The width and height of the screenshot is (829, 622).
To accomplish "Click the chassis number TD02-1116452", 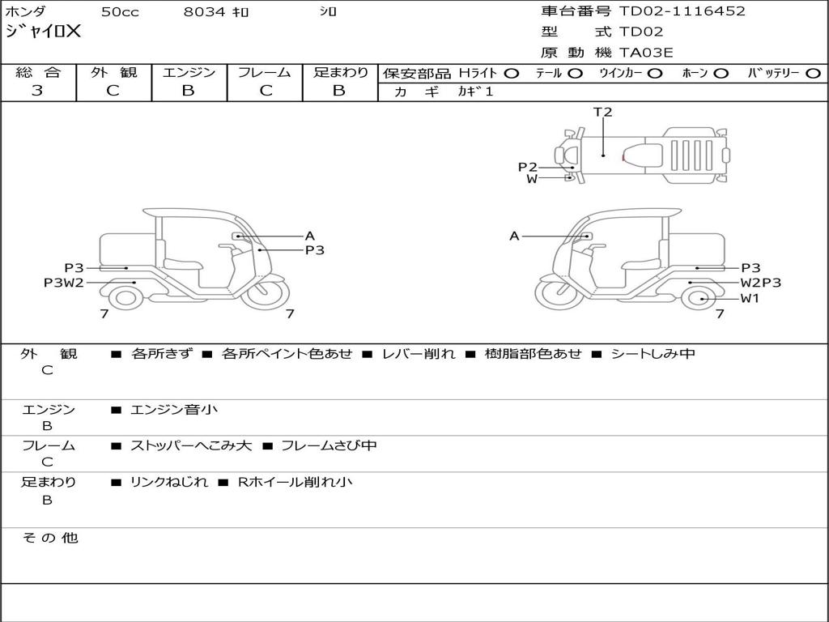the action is click(682, 11).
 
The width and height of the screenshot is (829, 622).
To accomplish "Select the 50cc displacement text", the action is click(119, 12).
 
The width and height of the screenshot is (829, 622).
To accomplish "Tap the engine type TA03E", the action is click(646, 53).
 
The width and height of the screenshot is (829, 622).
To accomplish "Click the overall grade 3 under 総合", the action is click(37, 91).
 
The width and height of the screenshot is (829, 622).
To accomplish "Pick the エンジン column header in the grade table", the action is click(189, 73).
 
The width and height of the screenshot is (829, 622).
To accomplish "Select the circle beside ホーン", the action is click(721, 74).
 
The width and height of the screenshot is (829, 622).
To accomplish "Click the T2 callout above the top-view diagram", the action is click(603, 113).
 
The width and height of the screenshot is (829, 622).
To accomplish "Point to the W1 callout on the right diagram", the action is click(750, 299).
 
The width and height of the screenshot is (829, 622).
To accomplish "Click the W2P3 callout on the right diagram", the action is click(760, 283).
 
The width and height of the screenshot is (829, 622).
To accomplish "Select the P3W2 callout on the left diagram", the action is click(64, 283).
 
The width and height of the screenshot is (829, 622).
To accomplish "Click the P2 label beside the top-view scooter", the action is click(528, 168).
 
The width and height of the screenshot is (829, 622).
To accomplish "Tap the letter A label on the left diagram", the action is click(309, 236).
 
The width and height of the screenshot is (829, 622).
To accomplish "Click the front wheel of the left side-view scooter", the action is click(266, 296).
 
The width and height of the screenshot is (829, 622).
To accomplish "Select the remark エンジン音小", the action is click(174, 410).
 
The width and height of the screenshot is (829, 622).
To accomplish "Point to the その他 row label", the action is click(50, 538).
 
